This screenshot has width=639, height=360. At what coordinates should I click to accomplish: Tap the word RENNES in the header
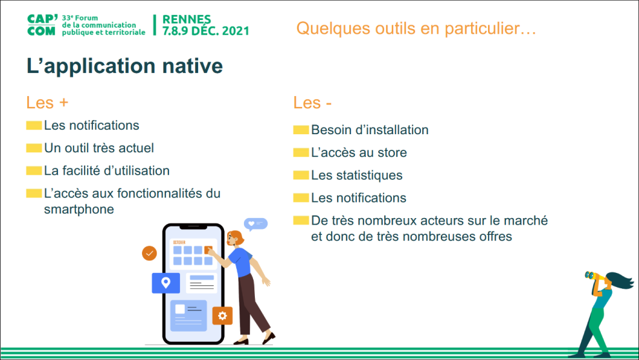point(187,19)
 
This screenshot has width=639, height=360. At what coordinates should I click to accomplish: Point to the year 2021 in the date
point(236,30)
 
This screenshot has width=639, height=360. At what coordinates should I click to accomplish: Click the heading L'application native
point(125,66)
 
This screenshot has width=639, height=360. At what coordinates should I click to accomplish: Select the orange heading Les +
point(47,103)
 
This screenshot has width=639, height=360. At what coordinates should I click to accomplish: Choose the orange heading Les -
point(312,103)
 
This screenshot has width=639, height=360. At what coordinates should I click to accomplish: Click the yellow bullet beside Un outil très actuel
point(34,148)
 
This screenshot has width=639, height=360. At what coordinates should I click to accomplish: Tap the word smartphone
point(79,209)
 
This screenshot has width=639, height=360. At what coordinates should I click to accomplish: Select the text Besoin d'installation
point(370,130)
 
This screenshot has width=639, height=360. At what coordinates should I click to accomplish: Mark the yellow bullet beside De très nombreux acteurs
point(301,220)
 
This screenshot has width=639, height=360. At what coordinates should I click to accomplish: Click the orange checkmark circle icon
point(150,254)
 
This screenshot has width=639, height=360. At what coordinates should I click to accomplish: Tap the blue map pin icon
point(166,283)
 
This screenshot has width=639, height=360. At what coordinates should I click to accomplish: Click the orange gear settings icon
point(223,315)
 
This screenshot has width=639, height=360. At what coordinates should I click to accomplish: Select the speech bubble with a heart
point(256,224)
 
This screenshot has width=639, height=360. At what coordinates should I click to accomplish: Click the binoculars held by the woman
point(594,277)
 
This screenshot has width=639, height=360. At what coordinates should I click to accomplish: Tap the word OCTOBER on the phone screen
point(179,243)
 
